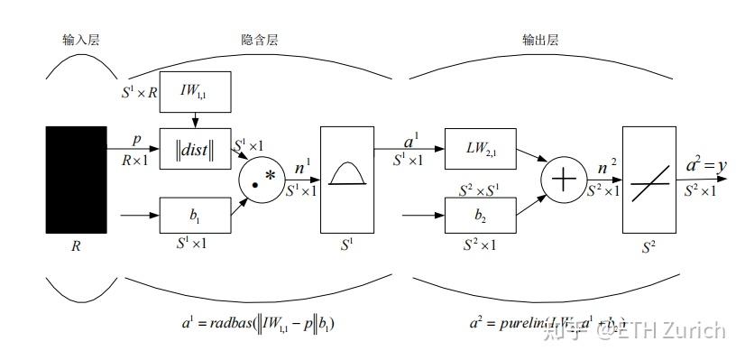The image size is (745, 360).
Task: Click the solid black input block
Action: pyautogui.click(x=76, y=180)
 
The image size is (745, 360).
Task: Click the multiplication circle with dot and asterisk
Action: pyautogui.click(x=262, y=180)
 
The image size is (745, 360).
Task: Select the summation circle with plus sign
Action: pyautogui.click(x=563, y=180)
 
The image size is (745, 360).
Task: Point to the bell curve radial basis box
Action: pyautogui.click(x=346, y=180)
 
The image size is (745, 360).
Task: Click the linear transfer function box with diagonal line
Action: pyautogui.click(x=648, y=180)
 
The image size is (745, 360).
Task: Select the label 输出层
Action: pyautogui.click(x=540, y=40)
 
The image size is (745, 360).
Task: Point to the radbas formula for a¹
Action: pyautogui.click(x=256, y=321)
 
